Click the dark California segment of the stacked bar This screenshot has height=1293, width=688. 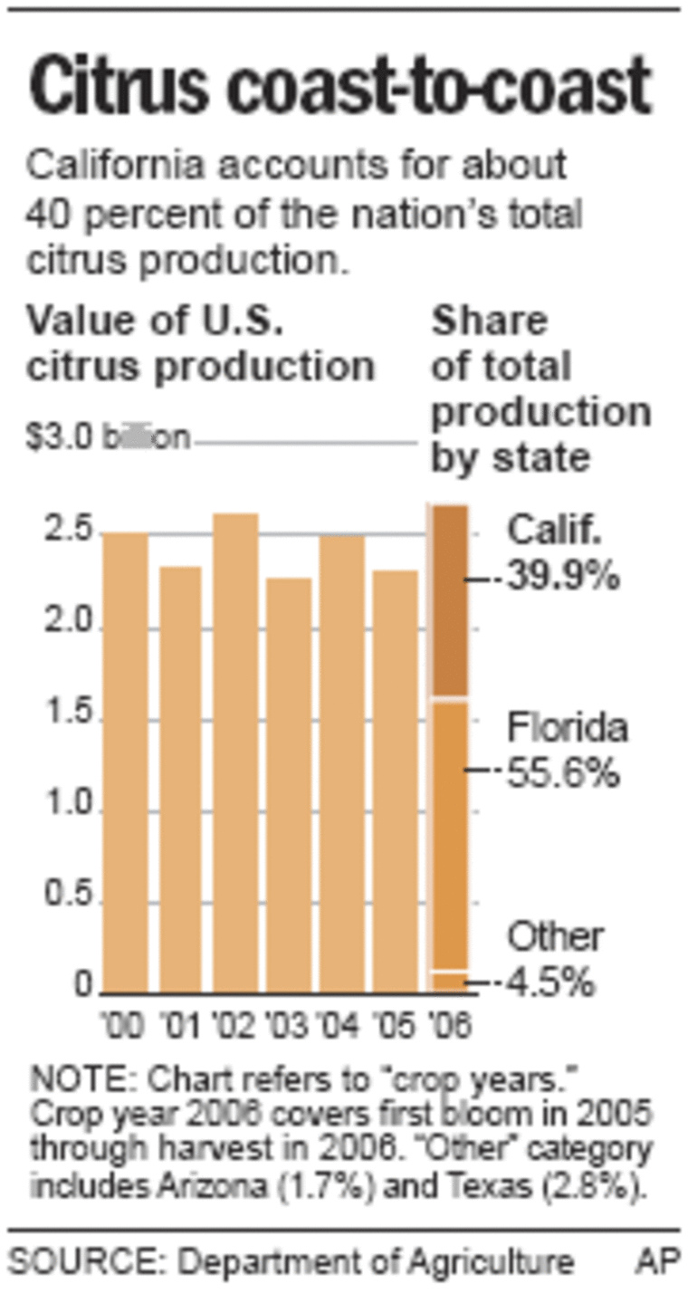[448, 601]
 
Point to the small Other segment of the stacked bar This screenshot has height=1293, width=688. [448, 982]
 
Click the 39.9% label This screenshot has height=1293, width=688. [562, 577]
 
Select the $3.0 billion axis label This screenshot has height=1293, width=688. [108, 438]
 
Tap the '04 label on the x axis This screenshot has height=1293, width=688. [341, 1026]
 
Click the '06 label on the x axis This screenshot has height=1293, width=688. [448, 1026]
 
